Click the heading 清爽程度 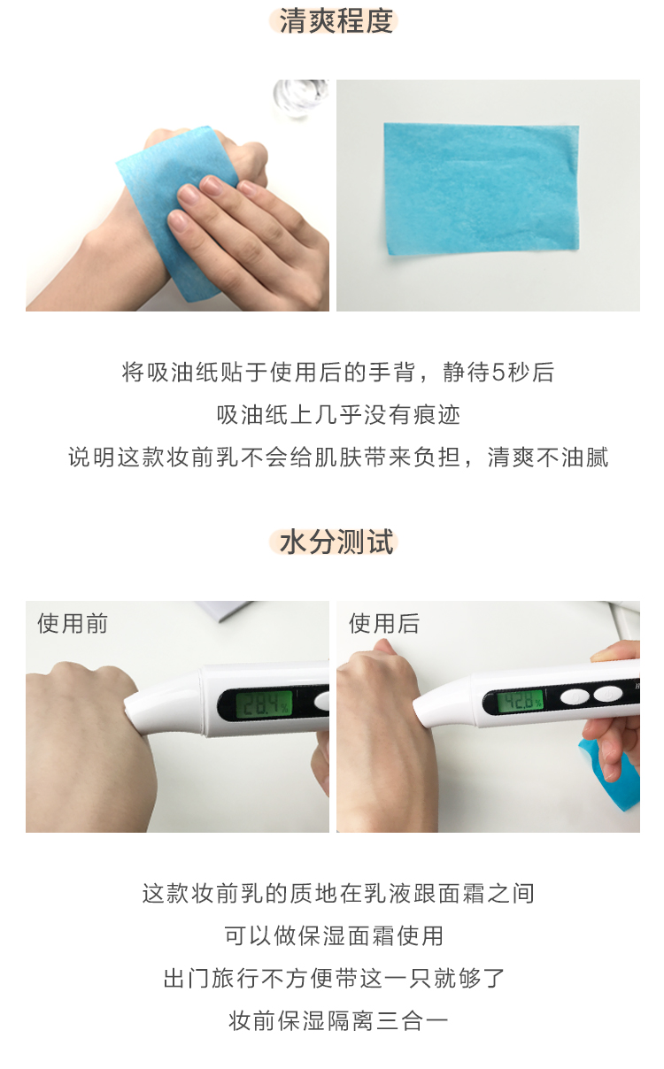tap(336, 21)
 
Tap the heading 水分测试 tap(336, 542)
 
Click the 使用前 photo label tap(73, 623)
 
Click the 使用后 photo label tap(384, 623)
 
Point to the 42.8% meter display tap(521, 703)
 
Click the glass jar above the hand tap(301, 100)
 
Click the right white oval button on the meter tap(607, 695)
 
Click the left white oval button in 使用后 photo tap(575, 696)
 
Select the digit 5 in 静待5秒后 tap(498, 373)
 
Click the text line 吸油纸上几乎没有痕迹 tap(338, 415)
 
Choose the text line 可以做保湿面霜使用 tap(334, 936)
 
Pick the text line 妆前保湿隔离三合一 tap(338, 1021)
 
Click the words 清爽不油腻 tap(548, 458)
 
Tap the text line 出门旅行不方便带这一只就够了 tap(334, 979)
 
